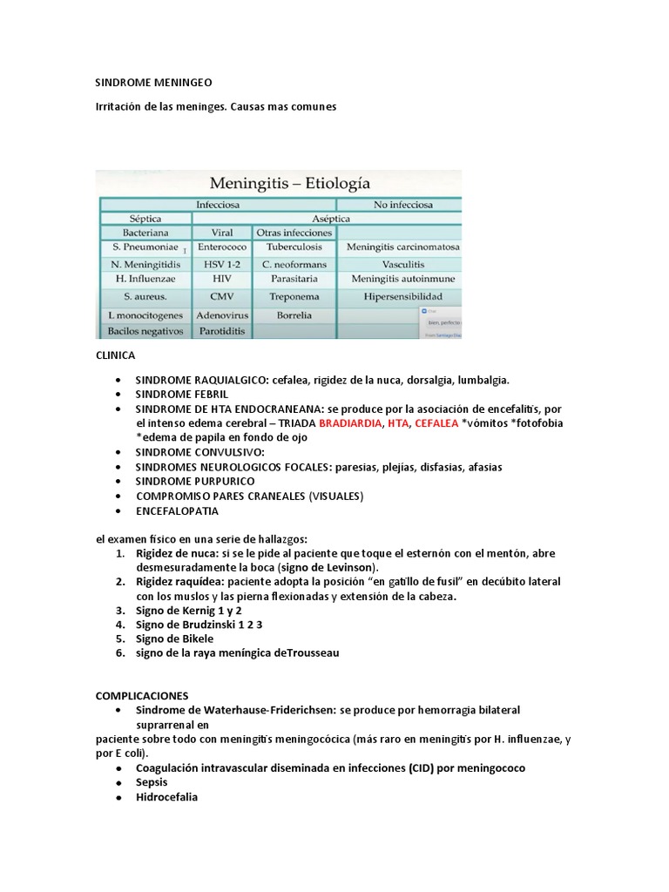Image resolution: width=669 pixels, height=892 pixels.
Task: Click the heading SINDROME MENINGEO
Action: (x=153, y=83)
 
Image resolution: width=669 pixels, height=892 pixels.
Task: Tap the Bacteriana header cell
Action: (x=145, y=233)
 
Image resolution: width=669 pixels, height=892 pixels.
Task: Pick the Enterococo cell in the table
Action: (x=222, y=247)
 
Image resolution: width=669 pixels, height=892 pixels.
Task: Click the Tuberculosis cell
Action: (x=294, y=247)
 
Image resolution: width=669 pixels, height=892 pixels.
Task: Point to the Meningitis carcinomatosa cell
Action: (x=402, y=247)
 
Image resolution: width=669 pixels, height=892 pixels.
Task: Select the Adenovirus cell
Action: (x=222, y=314)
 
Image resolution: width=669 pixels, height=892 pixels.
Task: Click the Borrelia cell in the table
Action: (x=294, y=314)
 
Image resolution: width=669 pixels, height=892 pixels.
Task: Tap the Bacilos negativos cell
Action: (x=145, y=331)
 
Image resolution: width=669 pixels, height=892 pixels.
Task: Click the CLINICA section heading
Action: (x=115, y=356)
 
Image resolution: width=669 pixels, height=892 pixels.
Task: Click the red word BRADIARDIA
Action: (x=351, y=423)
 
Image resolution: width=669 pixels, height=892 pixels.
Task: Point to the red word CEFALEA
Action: (x=436, y=423)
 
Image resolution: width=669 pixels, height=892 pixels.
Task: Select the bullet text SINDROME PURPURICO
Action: (x=195, y=481)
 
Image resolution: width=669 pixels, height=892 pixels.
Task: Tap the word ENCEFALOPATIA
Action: (x=177, y=511)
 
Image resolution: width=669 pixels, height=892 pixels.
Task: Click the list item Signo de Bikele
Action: (x=174, y=639)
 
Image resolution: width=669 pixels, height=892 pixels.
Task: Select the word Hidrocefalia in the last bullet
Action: (x=166, y=796)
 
